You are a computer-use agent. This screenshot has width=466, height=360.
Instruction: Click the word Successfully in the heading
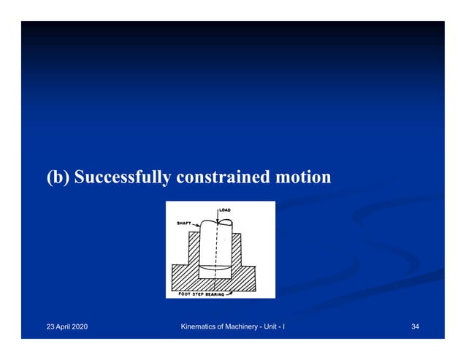[x=123, y=177]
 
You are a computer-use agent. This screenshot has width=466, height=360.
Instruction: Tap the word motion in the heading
[x=302, y=177]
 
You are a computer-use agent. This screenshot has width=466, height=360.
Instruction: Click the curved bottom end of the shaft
[x=217, y=268]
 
